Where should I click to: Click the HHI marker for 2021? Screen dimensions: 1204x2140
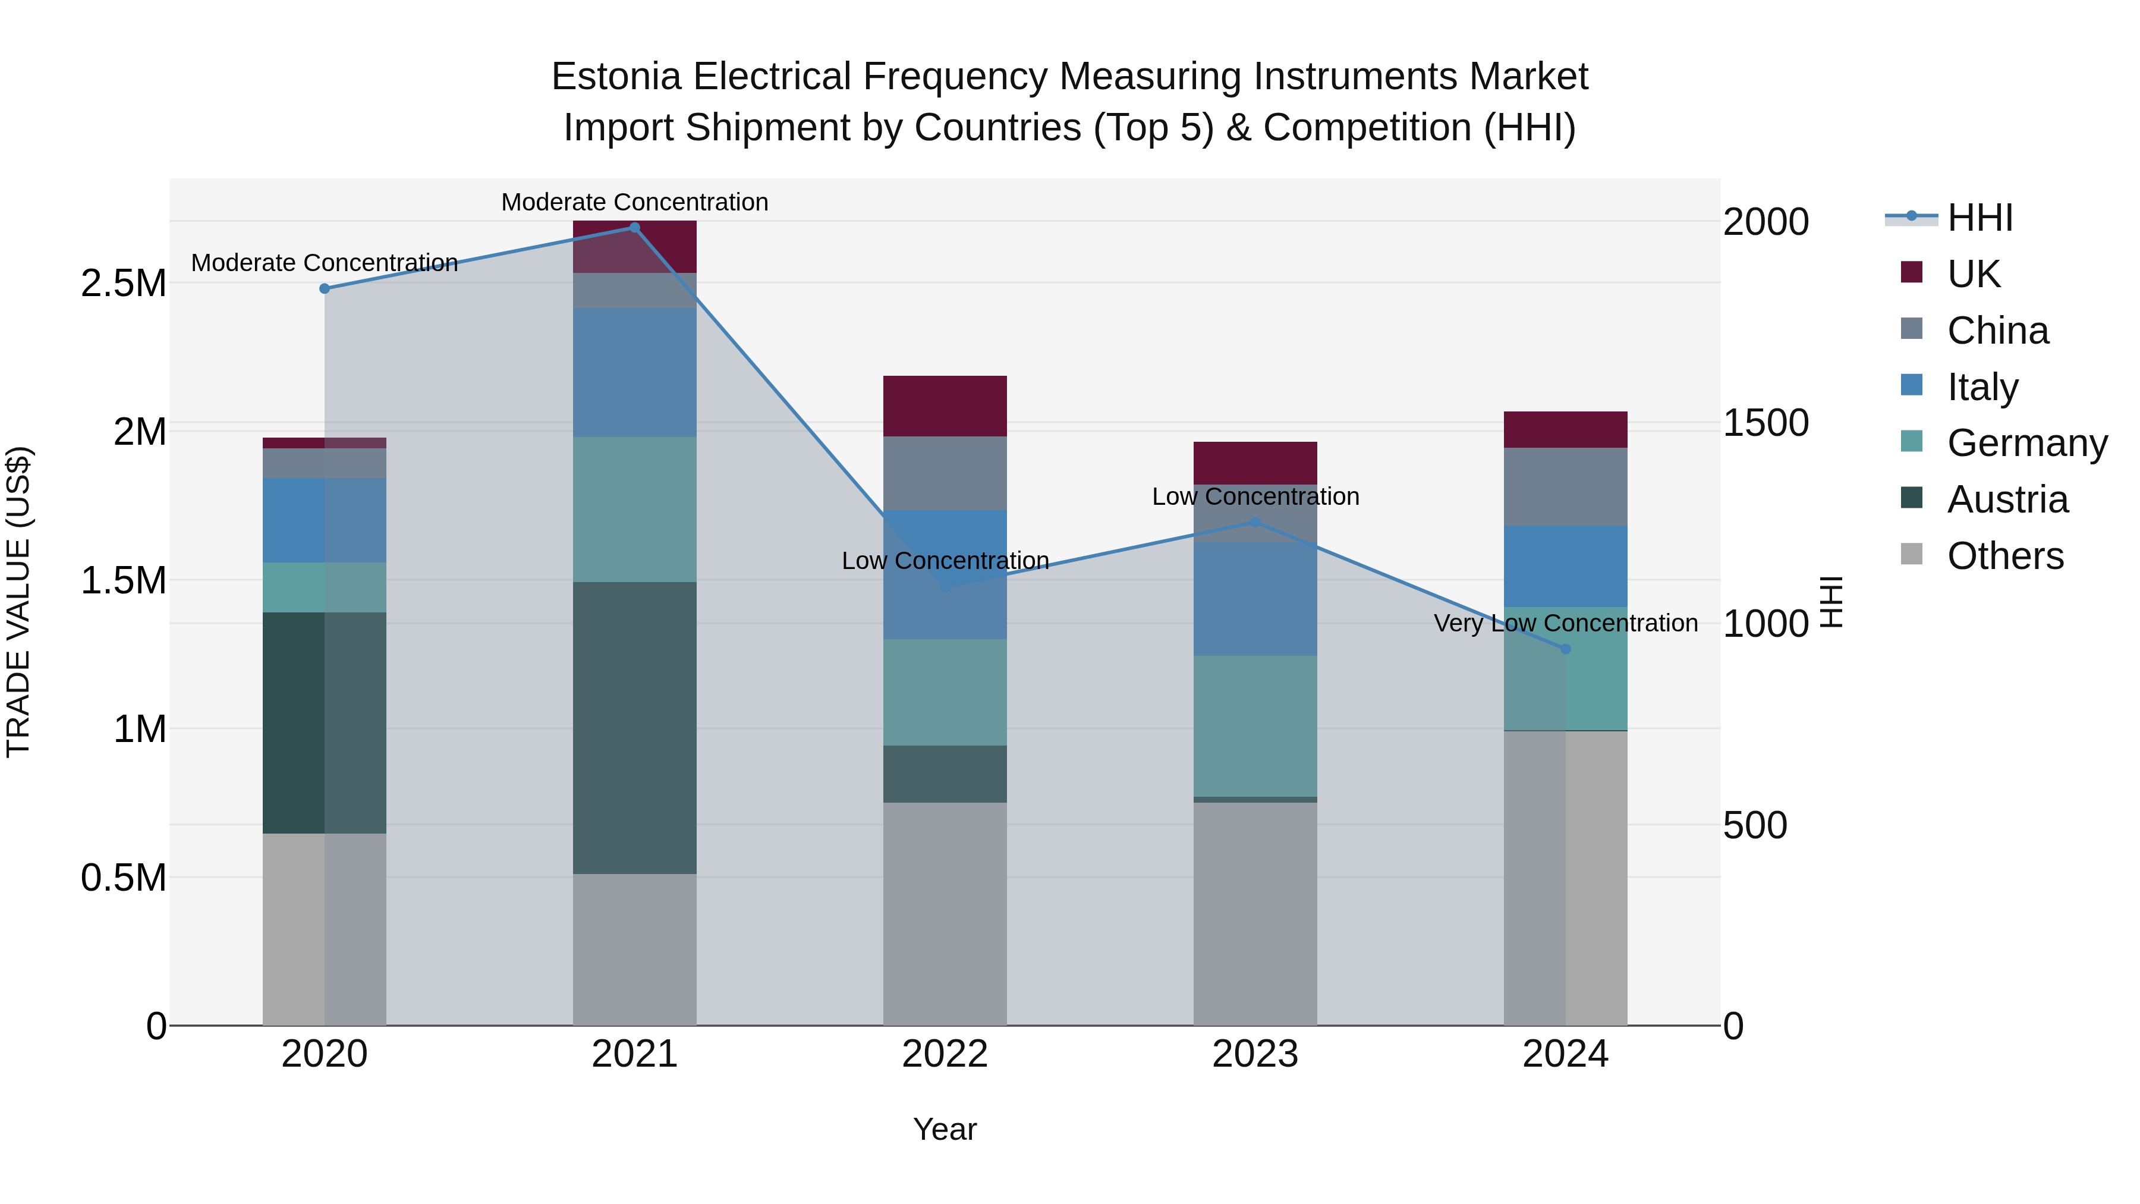click(x=635, y=228)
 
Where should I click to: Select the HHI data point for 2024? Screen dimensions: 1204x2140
click(x=1565, y=649)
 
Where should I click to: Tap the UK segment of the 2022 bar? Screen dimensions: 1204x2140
click(x=945, y=406)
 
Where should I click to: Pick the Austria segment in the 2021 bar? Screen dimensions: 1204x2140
click(x=635, y=727)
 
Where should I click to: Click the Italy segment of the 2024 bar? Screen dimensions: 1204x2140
click(x=1565, y=566)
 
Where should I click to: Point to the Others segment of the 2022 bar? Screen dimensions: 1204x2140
click(x=945, y=913)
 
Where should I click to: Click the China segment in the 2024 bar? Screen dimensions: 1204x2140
click(x=1565, y=487)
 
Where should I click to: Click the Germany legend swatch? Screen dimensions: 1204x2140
click(x=1912, y=442)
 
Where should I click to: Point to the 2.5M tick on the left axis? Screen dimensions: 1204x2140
click(x=124, y=284)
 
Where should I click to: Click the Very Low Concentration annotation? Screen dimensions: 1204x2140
click(x=1565, y=623)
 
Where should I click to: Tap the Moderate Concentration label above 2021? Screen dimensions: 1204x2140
click(x=635, y=202)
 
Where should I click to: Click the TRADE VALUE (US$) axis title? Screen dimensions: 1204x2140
click(x=18, y=602)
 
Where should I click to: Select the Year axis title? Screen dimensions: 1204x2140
click(x=945, y=1129)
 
